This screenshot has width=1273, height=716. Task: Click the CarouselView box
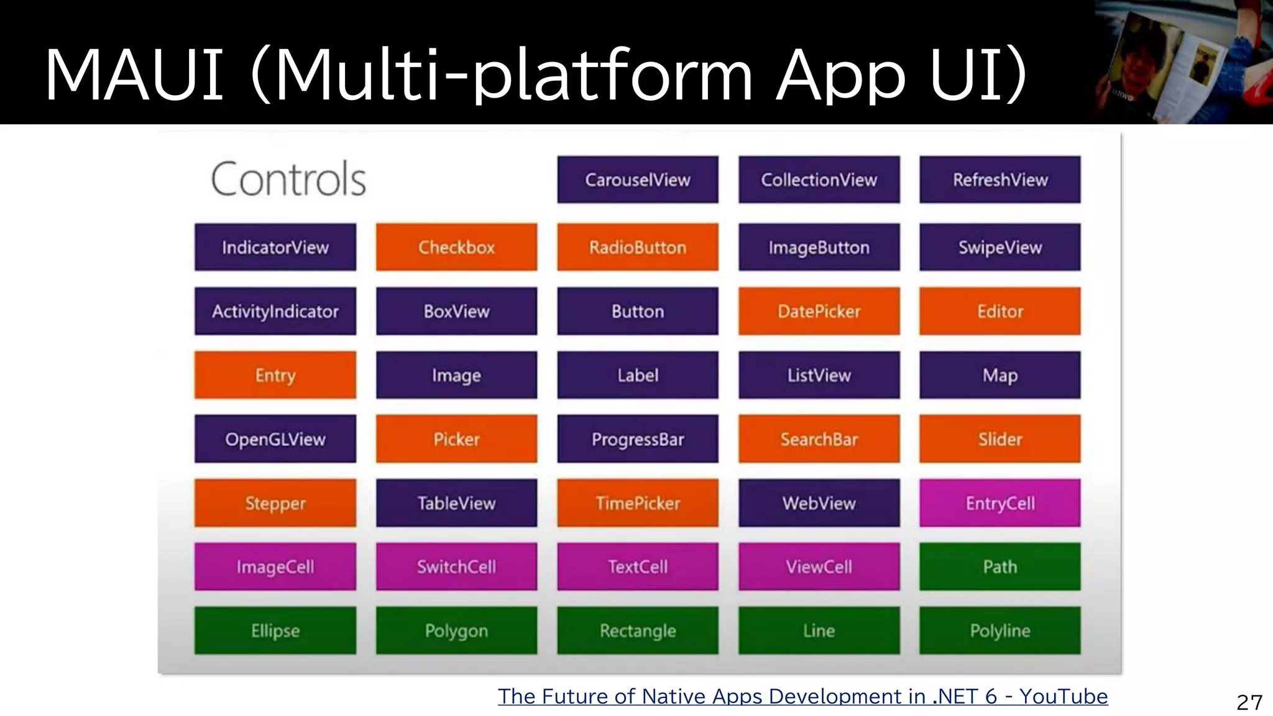(x=637, y=180)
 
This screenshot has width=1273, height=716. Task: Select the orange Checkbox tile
(x=456, y=247)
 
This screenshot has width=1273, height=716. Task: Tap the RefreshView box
(x=1000, y=180)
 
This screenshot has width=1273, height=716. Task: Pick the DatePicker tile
(x=819, y=311)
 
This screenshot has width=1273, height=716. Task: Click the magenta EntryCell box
(x=1000, y=503)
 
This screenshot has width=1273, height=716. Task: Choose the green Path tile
(x=1000, y=567)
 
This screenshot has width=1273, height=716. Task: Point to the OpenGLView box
(x=275, y=439)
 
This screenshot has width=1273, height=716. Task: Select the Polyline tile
(x=1000, y=631)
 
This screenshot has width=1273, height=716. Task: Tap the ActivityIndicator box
(x=275, y=311)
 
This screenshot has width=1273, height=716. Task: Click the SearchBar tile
(x=819, y=439)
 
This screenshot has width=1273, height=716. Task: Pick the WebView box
(x=819, y=503)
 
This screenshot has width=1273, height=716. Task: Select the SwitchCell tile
(x=456, y=567)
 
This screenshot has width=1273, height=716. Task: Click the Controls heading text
(x=288, y=180)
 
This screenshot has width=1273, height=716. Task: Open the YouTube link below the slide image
(x=802, y=697)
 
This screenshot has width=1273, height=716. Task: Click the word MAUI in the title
(x=134, y=76)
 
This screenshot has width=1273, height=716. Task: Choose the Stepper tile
(x=275, y=503)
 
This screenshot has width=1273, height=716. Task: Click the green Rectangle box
(x=637, y=631)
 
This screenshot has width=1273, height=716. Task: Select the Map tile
(x=1000, y=375)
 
